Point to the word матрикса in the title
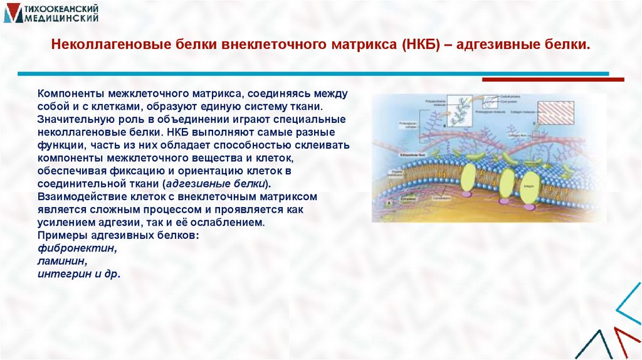pos(362,46)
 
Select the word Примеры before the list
pos(60,236)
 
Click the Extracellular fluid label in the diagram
pos(396,152)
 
